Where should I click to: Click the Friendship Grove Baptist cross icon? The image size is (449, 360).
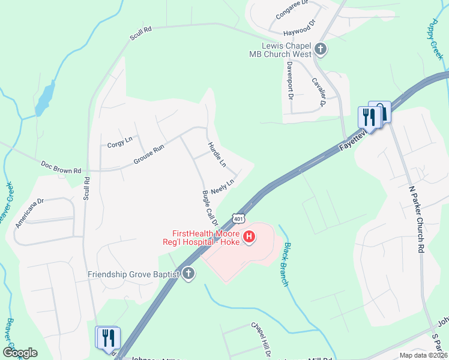click(188, 274)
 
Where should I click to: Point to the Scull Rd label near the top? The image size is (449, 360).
click(141, 33)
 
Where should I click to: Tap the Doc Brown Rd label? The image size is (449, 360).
click(61, 167)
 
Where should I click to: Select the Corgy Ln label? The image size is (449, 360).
click(119, 143)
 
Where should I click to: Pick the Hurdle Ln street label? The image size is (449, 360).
click(217, 154)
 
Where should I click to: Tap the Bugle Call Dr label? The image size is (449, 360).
click(208, 207)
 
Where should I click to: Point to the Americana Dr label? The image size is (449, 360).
click(30, 214)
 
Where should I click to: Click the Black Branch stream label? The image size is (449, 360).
click(287, 264)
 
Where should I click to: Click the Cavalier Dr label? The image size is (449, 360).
click(318, 92)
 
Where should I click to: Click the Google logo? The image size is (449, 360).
click(20, 353)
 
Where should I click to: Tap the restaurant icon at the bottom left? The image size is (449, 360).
click(108, 337)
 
